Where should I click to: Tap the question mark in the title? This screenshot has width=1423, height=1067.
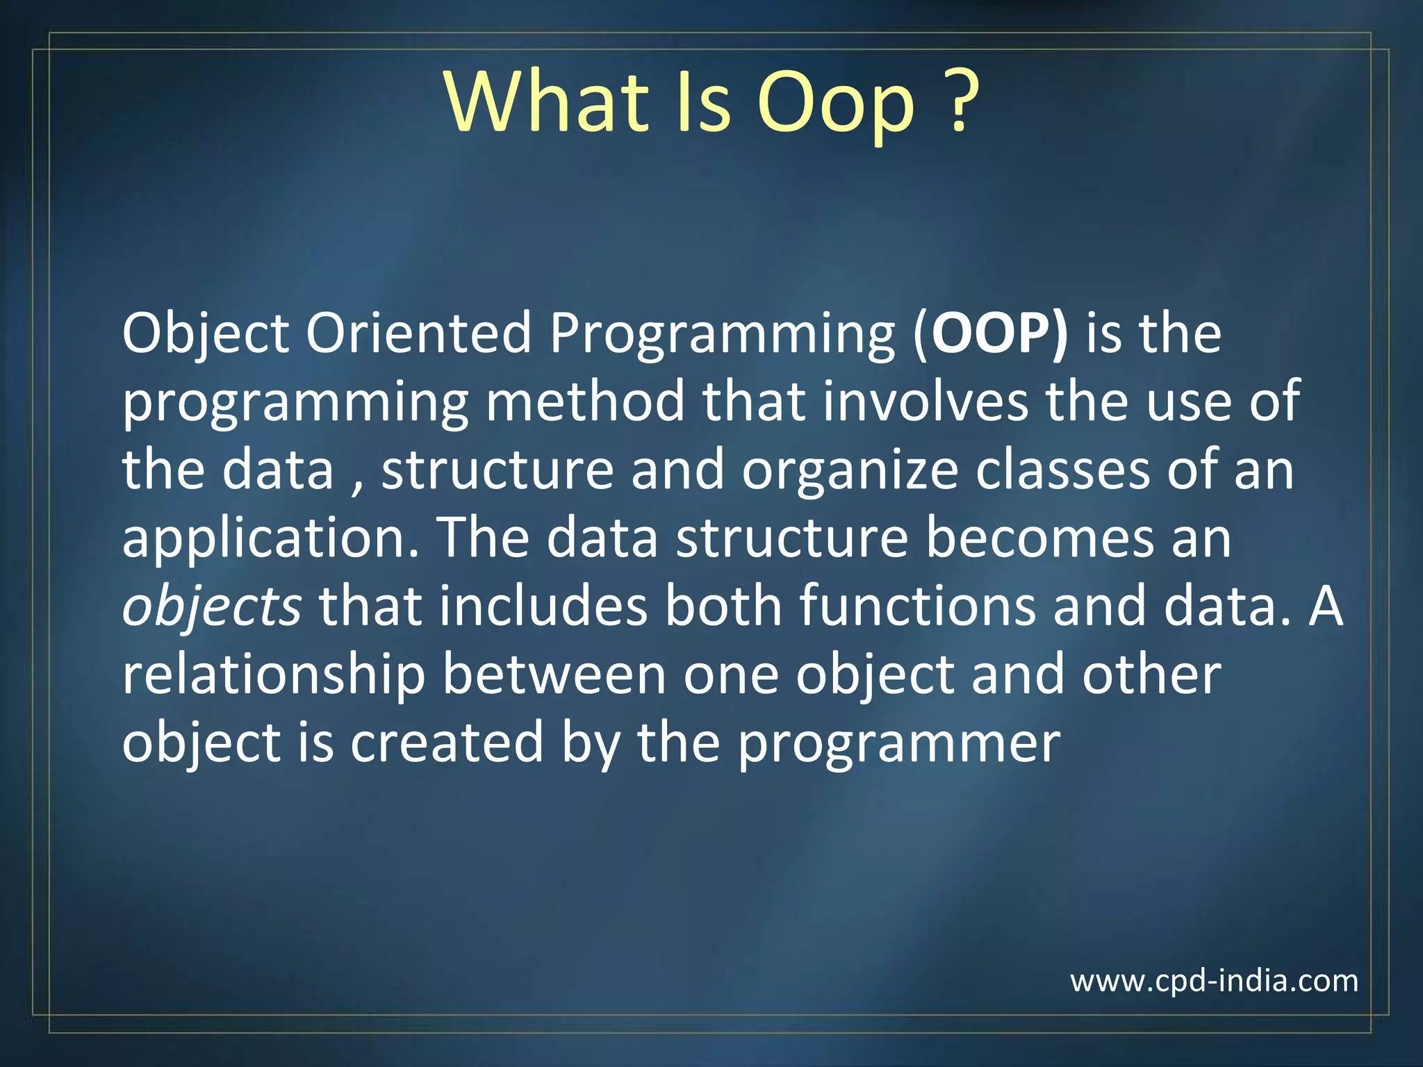click(x=962, y=102)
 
